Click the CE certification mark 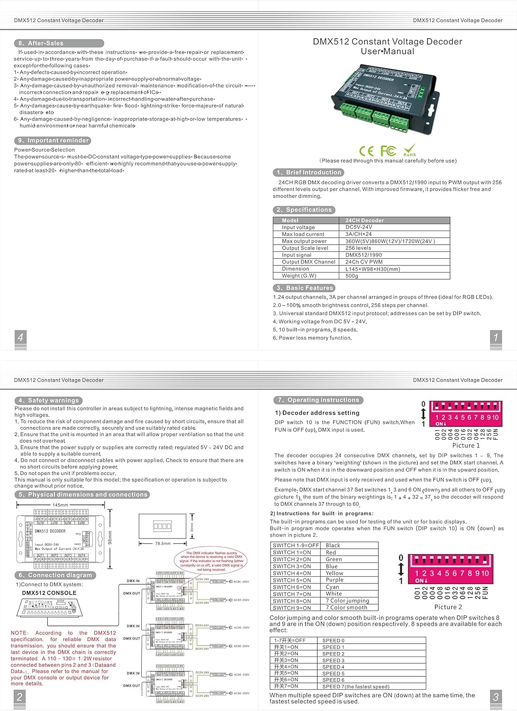click(366, 151)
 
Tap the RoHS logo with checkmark click(410, 150)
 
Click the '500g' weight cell click(352, 276)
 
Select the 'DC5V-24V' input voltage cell click(359, 228)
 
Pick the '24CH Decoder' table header click(364, 220)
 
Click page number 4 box click(20, 337)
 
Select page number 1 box click(496, 337)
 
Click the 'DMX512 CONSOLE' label click(49, 593)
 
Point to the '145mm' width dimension click(60, 505)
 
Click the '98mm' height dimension click(110, 537)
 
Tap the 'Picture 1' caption click(466, 446)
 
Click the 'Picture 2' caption click(448, 607)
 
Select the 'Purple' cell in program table click(335, 580)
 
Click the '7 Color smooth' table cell click(346, 608)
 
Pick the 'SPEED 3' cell click(333, 660)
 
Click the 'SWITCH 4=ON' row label click(292, 573)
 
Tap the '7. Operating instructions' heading click(318, 400)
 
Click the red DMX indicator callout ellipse click(211, 561)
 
